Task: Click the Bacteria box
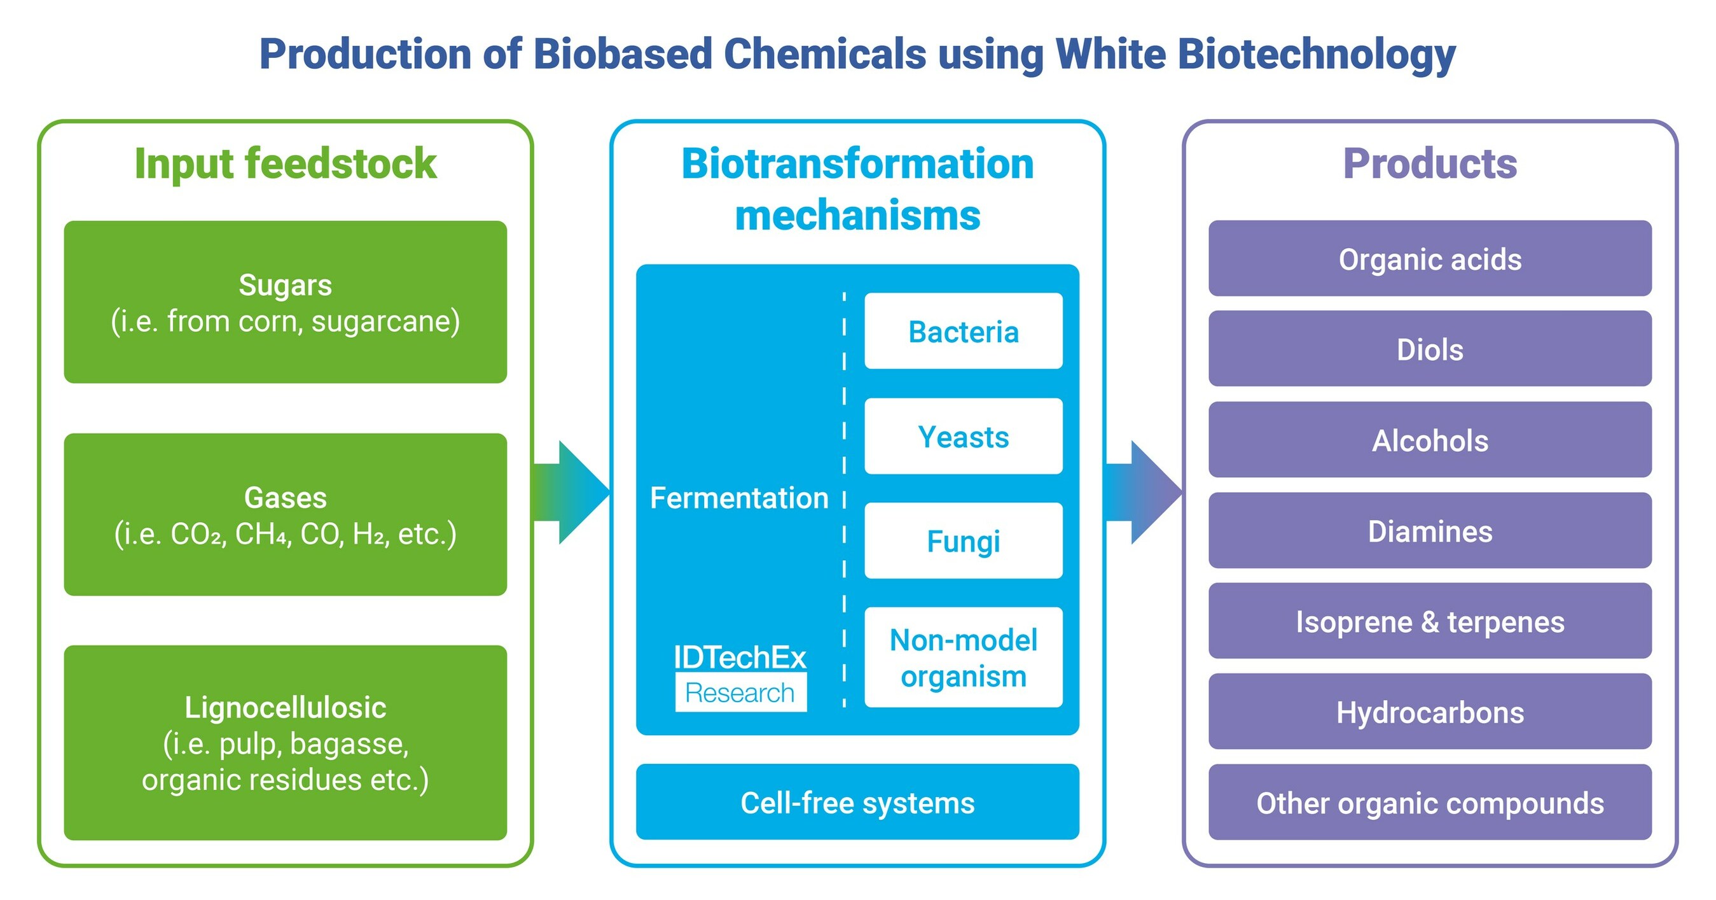coord(963,332)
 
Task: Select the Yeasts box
coord(963,437)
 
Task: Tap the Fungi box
coord(963,540)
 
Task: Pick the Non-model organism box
coord(963,657)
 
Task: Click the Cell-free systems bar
coord(857,802)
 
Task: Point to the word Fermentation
coord(739,498)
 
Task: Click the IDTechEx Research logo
coord(740,677)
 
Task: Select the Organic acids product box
coord(1430,258)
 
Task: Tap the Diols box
coord(1430,349)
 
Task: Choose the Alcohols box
coord(1430,440)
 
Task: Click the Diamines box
coord(1430,531)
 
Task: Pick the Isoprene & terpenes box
coord(1430,621)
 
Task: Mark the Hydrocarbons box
coord(1430,712)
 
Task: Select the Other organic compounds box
coord(1430,803)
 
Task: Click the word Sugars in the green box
coord(285,285)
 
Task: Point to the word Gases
coord(285,498)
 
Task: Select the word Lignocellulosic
coord(285,708)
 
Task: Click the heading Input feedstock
coord(285,164)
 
